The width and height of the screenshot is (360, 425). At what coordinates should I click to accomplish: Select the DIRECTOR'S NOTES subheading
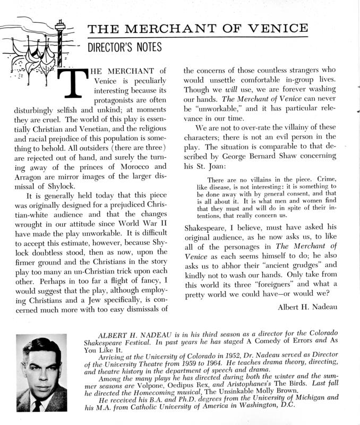coord(124,47)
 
